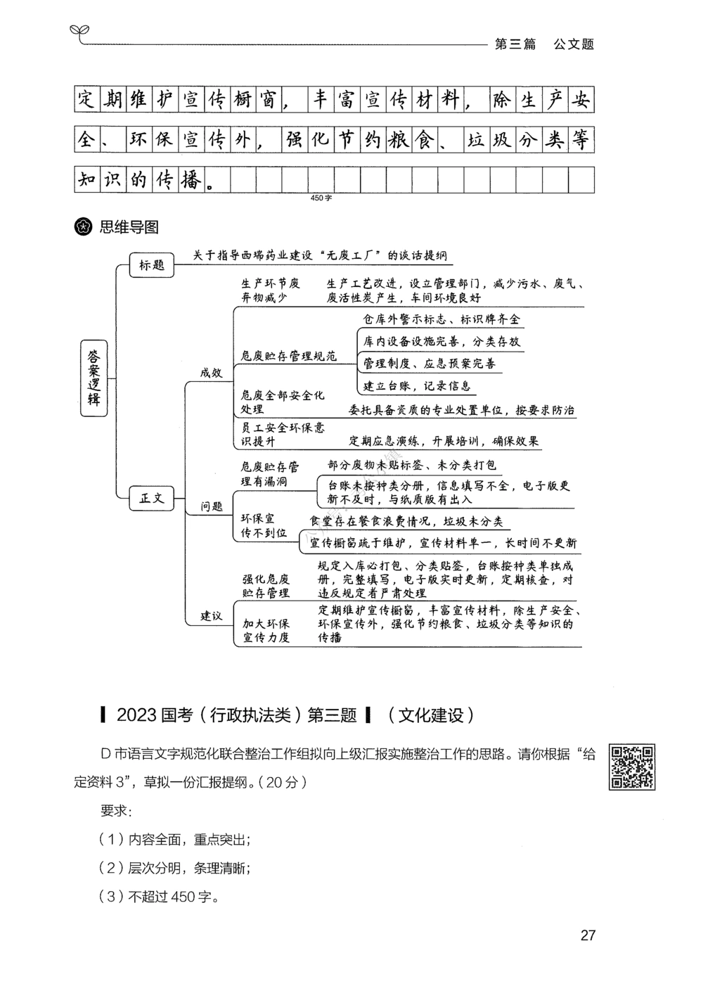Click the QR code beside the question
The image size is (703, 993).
click(632, 767)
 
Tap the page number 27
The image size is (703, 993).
click(588, 935)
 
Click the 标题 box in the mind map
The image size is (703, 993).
click(152, 265)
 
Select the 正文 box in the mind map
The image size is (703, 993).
click(152, 498)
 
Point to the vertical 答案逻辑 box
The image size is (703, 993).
click(94, 377)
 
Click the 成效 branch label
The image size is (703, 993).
click(211, 373)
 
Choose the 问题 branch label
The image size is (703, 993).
click(212, 506)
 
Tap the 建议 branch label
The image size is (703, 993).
click(211, 615)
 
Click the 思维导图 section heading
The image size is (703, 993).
click(129, 227)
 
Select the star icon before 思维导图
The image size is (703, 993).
click(84, 227)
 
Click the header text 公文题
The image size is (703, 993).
click(574, 44)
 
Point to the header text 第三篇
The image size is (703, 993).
click(515, 44)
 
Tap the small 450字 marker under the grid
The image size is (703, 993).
click(321, 198)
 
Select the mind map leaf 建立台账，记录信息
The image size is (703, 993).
click(417, 386)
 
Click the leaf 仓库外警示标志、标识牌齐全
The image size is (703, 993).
click(441, 319)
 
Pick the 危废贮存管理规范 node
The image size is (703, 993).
click(288, 357)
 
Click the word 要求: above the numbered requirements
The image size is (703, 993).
click(116, 811)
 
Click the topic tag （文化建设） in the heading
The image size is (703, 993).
click(431, 716)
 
